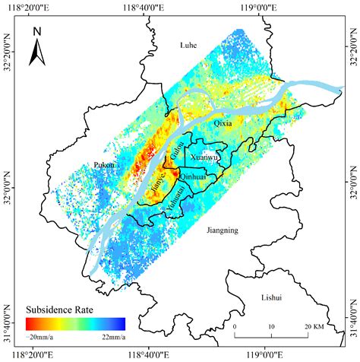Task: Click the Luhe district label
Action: point(188,46)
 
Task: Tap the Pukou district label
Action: point(104,164)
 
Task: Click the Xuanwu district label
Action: point(204,157)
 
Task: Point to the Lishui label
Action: point(270,297)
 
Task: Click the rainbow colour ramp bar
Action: point(74,323)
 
